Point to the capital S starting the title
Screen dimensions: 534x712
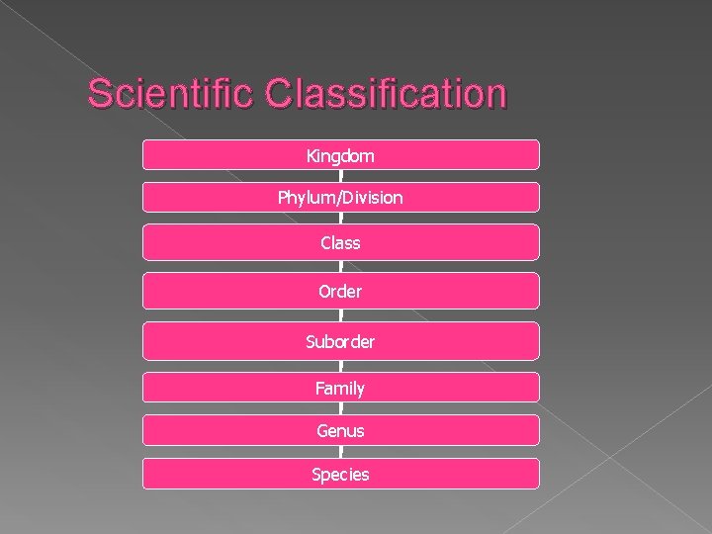coord(99,94)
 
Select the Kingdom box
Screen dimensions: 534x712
coord(341,154)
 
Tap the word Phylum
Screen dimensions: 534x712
coord(307,198)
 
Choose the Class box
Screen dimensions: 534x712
coord(341,242)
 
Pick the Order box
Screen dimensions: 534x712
coord(341,292)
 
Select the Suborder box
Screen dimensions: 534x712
coord(341,341)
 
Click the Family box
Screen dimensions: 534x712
coord(341,388)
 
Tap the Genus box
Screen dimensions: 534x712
coord(341,430)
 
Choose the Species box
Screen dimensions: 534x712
coord(341,474)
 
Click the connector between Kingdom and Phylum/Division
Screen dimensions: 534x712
coord(341,176)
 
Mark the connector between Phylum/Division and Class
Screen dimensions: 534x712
coord(341,219)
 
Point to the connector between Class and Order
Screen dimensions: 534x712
coord(341,266)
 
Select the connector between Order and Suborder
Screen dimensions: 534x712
coord(341,315)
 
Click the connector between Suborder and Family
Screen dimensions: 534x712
coord(341,366)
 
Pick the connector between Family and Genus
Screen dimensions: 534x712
coord(341,408)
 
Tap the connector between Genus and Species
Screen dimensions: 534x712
coord(341,452)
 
